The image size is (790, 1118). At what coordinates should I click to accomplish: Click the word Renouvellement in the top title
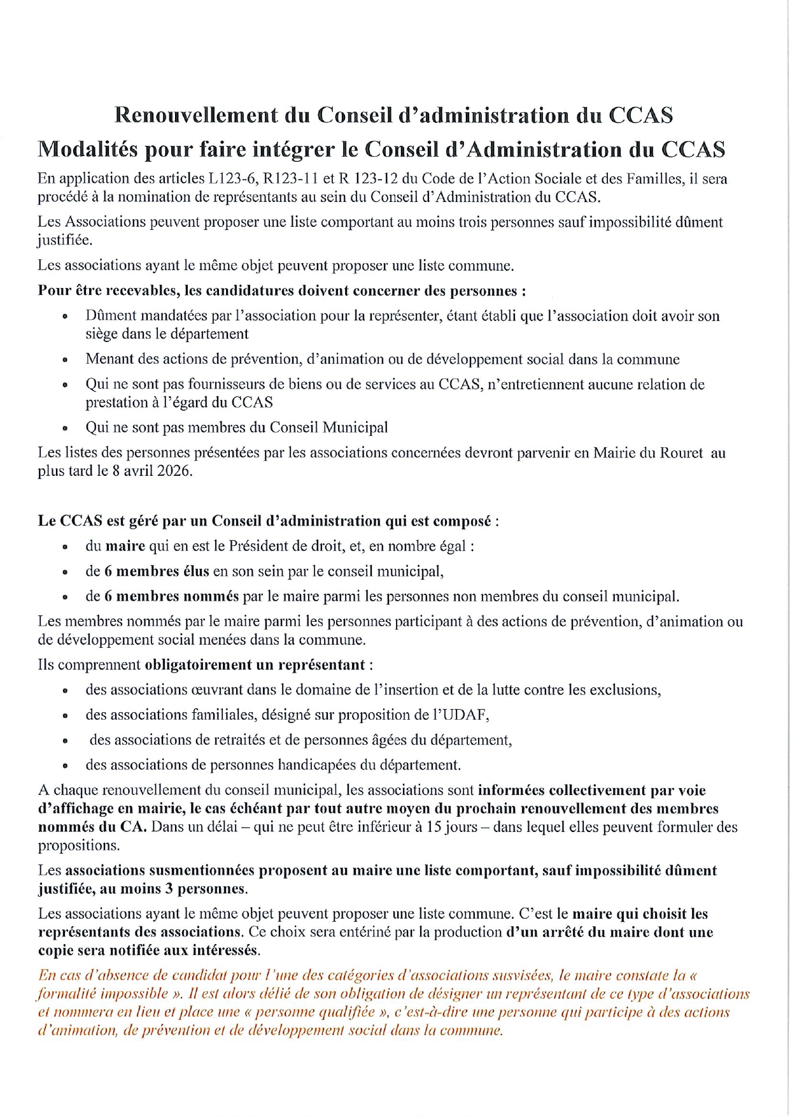[x=196, y=115]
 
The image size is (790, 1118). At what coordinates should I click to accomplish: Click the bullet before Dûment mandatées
[x=65, y=316]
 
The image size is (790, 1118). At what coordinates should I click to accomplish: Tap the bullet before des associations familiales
[x=65, y=715]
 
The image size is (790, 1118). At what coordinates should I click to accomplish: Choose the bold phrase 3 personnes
[x=206, y=889]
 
